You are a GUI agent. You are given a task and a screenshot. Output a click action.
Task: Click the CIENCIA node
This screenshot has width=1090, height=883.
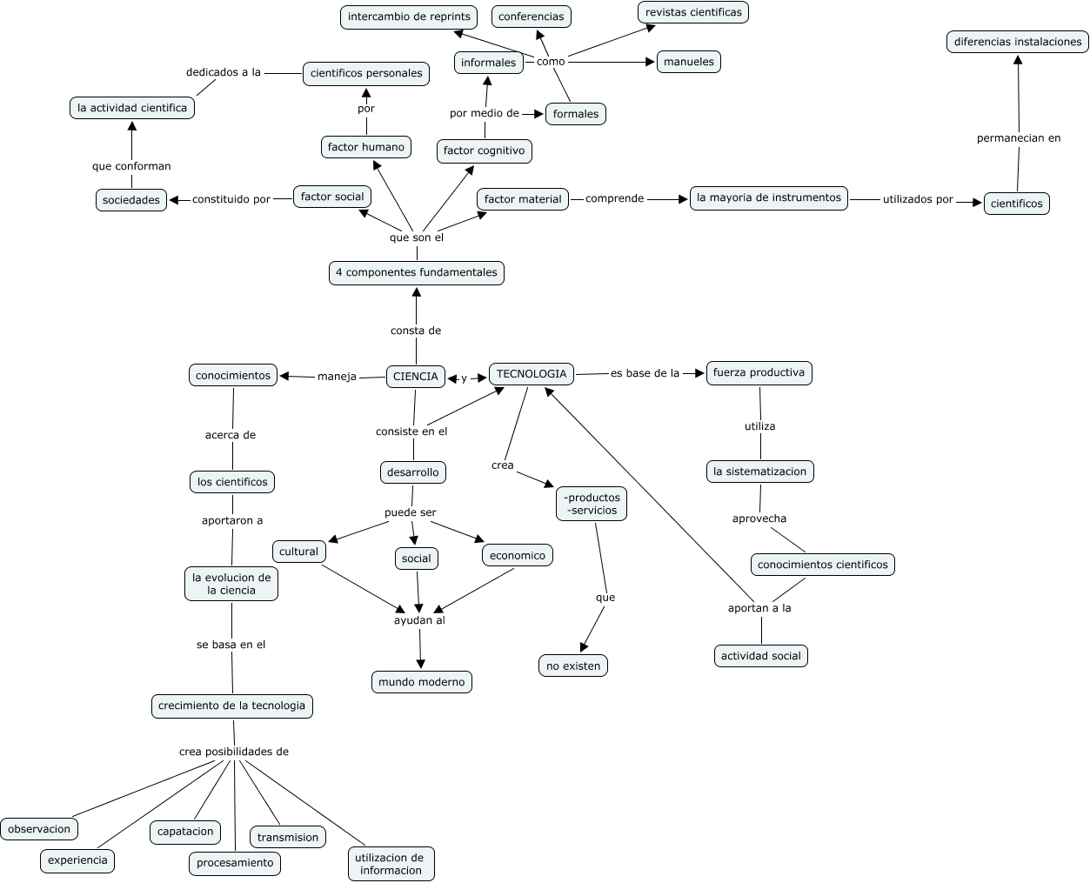416,377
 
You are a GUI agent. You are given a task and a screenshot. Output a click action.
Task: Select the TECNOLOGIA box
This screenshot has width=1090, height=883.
532,374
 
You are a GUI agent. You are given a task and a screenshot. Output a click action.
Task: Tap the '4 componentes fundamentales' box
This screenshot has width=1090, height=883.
417,272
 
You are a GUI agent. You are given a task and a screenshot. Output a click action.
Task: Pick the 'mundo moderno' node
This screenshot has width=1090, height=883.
422,682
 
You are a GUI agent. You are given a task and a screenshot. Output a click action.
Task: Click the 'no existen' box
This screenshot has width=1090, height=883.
573,666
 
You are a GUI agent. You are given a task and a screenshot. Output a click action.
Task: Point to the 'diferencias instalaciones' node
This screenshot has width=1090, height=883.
1017,42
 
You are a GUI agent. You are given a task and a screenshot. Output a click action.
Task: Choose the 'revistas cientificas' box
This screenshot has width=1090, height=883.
693,12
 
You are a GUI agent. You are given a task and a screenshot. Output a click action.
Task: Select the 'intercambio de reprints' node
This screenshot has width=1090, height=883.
409,17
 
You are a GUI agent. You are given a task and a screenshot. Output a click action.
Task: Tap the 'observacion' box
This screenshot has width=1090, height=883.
39,829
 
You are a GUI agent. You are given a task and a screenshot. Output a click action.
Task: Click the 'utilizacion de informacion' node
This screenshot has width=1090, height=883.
391,864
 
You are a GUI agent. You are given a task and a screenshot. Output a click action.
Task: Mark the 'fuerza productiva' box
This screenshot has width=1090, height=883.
759,372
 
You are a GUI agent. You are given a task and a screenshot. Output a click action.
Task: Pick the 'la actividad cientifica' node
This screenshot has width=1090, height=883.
132,108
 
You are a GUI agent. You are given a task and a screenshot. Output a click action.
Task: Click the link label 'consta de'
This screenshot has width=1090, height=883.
416,331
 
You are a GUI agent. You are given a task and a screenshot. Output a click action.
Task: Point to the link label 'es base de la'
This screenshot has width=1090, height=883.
645,373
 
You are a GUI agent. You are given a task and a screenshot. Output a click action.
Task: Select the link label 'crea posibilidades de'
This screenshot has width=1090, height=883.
234,752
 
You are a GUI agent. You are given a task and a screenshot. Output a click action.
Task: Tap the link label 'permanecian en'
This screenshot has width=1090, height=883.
1019,137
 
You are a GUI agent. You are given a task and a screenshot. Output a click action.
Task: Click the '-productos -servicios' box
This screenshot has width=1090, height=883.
592,504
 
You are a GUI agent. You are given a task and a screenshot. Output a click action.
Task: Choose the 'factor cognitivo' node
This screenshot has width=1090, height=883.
484,151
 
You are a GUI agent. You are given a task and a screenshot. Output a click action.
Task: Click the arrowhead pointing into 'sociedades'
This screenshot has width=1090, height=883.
174,200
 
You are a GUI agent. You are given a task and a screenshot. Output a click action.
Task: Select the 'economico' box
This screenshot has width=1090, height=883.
518,555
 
